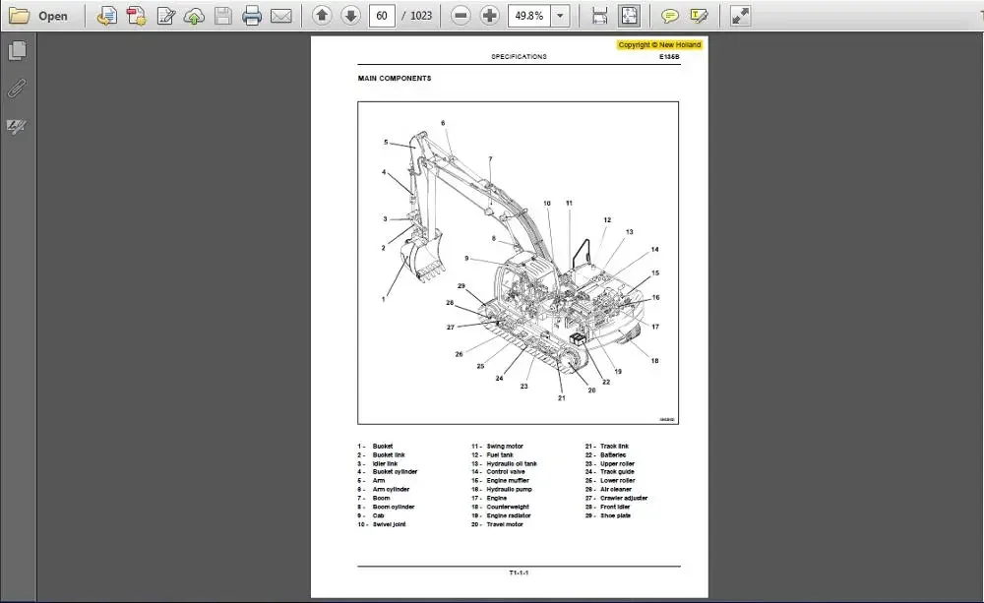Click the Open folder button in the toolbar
pyautogui.click(x=39, y=16)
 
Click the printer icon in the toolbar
pyautogui.click(x=252, y=16)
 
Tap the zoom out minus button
pyautogui.click(x=460, y=16)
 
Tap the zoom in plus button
pyautogui.click(x=489, y=16)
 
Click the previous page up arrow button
pyautogui.click(x=322, y=16)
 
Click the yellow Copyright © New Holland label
pyautogui.click(x=659, y=45)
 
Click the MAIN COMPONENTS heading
pyautogui.click(x=394, y=79)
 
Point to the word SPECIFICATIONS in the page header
pyautogui.click(x=519, y=57)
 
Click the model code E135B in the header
pyautogui.click(x=669, y=57)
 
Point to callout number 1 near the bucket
pyautogui.click(x=384, y=297)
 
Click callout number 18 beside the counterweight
pyautogui.click(x=654, y=361)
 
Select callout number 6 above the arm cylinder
pyautogui.click(x=443, y=123)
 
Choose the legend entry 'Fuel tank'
pyautogui.click(x=499, y=455)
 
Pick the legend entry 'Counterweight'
pyautogui.click(x=507, y=508)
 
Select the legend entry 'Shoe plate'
pyautogui.click(x=615, y=515)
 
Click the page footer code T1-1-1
pyautogui.click(x=519, y=573)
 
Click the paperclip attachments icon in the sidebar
pyautogui.click(x=17, y=89)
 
